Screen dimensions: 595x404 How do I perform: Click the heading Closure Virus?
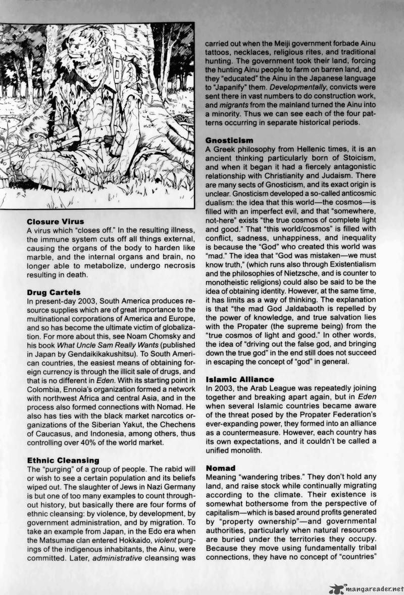point(55,221)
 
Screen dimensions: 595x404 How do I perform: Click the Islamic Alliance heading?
point(240,379)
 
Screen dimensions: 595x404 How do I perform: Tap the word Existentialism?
point(354,264)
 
